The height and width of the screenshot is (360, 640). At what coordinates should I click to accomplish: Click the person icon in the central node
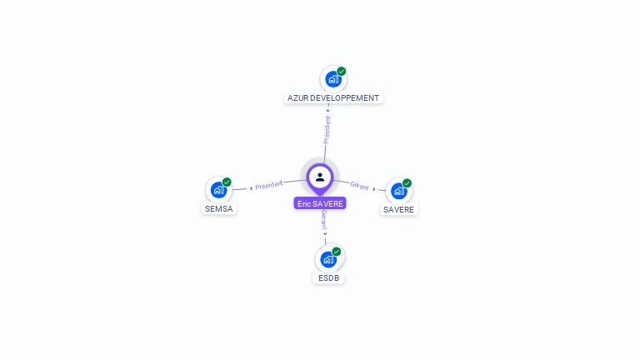[x=320, y=177]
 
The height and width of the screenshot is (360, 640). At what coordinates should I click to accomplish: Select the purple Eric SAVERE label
[x=320, y=203]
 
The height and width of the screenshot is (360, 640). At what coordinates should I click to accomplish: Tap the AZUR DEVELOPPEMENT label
[x=333, y=97]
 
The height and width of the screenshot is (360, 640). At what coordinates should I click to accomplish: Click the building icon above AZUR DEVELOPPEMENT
[x=332, y=80]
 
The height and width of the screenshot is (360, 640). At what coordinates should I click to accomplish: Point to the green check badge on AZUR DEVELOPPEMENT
[x=342, y=72]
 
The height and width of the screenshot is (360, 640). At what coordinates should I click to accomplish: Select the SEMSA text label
[x=218, y=208]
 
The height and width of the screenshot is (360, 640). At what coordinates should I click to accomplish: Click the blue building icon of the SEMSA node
[x=218, y=190]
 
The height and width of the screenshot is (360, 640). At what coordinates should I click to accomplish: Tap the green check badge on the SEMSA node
[x=227, y=182]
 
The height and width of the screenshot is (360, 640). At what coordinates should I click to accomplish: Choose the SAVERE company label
[x=399, y=209]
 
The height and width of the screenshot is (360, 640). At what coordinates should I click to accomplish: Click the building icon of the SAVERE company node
[x=398, y=191]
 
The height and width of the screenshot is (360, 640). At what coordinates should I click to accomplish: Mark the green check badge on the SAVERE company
[x=407, y=183]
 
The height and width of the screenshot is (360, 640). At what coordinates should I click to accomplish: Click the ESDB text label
[x=328, y=277]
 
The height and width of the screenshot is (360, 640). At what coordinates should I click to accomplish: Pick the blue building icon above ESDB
[x=328, y=259]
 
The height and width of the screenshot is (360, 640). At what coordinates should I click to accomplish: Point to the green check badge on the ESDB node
[x=337, y=252]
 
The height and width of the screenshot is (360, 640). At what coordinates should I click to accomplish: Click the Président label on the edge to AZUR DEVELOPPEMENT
[x=327, y=129]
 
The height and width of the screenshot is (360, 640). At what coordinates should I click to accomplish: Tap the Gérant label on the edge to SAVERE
[x=359, y=186]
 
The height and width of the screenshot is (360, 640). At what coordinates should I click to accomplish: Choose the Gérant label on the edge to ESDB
[x=323, y=219]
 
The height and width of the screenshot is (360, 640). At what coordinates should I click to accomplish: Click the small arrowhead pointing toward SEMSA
[x=251, y=187]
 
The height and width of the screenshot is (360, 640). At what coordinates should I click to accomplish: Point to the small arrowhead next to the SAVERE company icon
[x=374, y=189]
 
